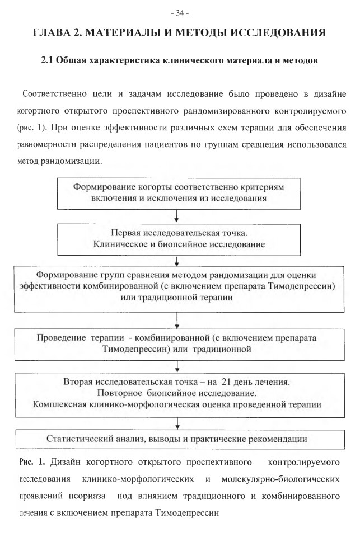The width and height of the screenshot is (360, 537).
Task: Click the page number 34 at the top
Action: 180,13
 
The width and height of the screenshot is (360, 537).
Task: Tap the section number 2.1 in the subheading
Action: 46,60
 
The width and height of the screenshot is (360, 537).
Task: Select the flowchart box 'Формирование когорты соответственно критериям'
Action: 179,194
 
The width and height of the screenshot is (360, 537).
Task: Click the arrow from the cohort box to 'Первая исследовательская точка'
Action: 176,216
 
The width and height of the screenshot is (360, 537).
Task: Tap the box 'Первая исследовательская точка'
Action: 179,240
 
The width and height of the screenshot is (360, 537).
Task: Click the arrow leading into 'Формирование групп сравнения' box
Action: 177,261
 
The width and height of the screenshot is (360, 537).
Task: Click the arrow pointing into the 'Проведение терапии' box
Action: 177,321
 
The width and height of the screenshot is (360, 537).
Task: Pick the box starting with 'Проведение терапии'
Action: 179,345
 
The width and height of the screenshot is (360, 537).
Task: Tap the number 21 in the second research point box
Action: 226,382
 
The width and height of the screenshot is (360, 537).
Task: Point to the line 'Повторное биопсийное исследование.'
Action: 176,393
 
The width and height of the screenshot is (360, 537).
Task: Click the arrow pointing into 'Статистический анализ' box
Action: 177,423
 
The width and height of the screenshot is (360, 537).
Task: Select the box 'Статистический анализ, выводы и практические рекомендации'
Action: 180,440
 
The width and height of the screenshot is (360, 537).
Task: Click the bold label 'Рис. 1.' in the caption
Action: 32,463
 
